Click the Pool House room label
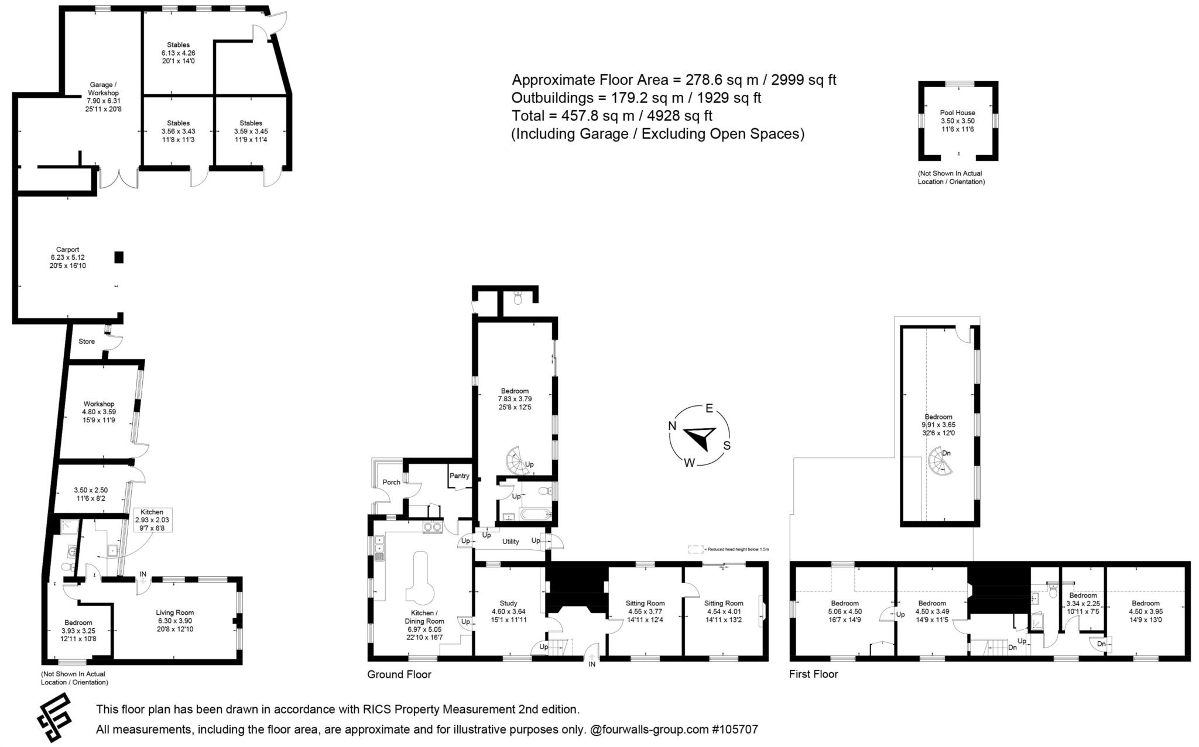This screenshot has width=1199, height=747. (957, 113)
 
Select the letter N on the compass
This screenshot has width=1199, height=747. (673, 426)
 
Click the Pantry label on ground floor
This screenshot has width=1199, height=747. (460, 476)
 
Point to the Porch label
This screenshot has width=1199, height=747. (391, 482)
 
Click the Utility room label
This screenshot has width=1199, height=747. (511, 542)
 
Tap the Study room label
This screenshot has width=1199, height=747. (508, 603)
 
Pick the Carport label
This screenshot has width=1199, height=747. (67, 249)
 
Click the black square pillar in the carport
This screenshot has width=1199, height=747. (119, 257)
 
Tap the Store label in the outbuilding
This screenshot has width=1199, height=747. (87, 342)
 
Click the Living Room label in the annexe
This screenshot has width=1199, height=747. (175, 612)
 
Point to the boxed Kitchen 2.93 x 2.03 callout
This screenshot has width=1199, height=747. (152, 519)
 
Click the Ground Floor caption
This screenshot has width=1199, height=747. (399, 674)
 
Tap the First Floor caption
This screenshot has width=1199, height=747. (813, 674)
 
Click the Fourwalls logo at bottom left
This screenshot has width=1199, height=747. (54, 717)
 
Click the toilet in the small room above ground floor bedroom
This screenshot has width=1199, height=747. (517, 299)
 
